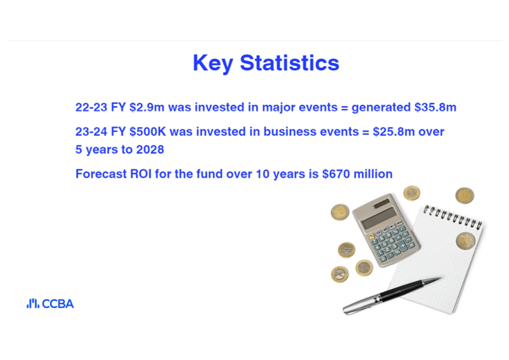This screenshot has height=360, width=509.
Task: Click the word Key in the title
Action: (x=213, y=63)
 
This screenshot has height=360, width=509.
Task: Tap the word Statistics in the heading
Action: (x=289, y=63)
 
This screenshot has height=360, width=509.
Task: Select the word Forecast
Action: (x=101, y=174)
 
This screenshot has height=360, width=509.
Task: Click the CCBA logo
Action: (x=50, y=303)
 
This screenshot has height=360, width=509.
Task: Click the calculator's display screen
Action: (x=379, y=218)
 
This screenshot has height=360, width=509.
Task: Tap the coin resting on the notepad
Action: (x=465, y=241)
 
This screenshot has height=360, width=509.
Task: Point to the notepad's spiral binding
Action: (x=453, y=217)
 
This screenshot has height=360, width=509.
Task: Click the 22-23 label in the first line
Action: (x=91, y=107)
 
